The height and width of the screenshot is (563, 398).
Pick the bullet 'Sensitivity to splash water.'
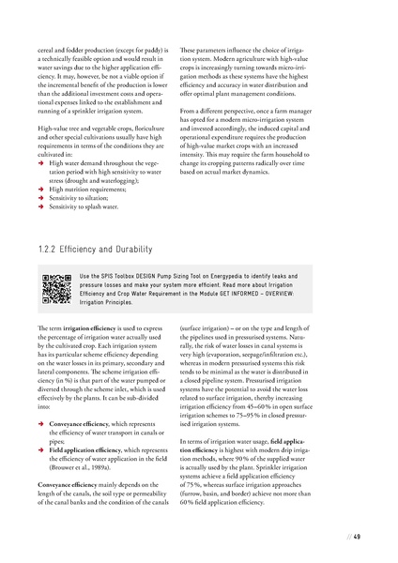(x=89, y=205)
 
